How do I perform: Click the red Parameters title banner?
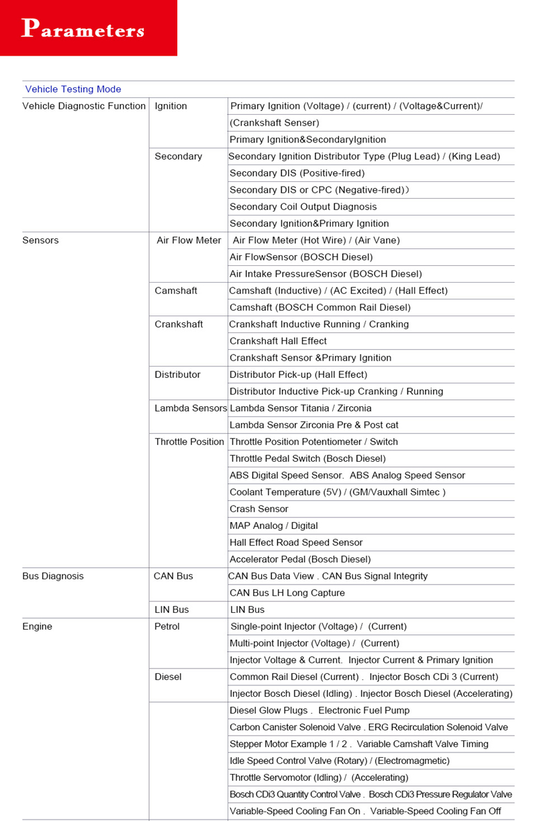(x=88, y=28)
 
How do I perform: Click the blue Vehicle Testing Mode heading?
(x=73, y=89)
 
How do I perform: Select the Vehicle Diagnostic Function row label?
(x=84, y=106)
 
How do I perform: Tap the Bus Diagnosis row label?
(x=53, y=576)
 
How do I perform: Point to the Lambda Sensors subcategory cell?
(x=191, y=408)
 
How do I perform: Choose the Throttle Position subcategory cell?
(x=189, y=442)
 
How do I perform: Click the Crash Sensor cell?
(x=259, y=509)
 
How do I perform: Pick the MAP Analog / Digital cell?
(x=274, y=526)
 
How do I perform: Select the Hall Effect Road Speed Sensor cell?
(x=296, y=542)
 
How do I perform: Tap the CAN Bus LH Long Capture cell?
(x=287, y=593)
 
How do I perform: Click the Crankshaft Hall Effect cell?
(x=278, y=341)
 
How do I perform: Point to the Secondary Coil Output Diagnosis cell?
(x=303, y=207)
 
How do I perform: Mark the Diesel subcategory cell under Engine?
(x=168, y=677)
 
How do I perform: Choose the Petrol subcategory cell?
(x=167, y=626)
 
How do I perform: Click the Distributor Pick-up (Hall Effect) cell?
(x=299, y=375)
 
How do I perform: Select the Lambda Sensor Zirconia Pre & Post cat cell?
(x=314, y=425)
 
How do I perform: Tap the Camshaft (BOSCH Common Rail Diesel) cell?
(x=320, y=307)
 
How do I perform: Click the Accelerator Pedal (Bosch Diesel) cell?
(x=300, y=559)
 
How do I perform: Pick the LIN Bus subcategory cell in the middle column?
(x=172, y=610)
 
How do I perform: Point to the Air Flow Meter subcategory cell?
(x=189, y=240)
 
